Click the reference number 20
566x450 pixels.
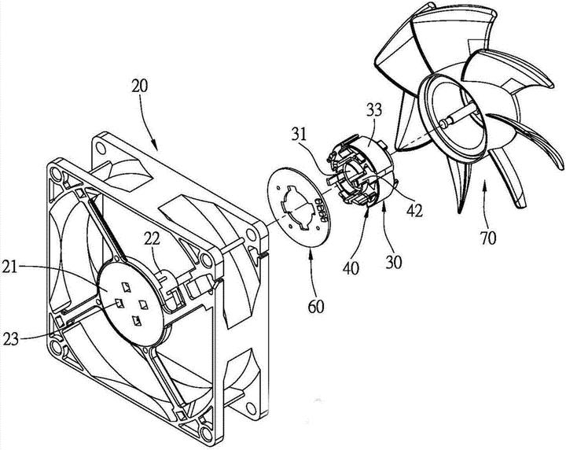(x=140, y=87)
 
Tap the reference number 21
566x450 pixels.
(x=10, y=267)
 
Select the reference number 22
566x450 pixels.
(x=153, y=238)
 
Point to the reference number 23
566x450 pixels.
(x=10, y=339)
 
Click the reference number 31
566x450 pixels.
(x=299, y=135)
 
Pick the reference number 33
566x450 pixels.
(x=374, y=110)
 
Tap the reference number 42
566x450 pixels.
(x=414, y=211)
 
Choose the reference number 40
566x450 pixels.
(x=351, y=268)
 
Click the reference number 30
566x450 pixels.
(x=394, y=263)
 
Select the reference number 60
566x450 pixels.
(x=316, y=306)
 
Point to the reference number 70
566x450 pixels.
(x=488, y=238)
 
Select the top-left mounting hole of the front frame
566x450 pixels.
(x=56, y=175)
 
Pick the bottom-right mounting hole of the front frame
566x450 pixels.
(x=206, y=433)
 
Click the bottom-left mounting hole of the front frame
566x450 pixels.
(x=56, y=347)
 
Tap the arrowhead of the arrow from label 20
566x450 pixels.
(x=155, y=147)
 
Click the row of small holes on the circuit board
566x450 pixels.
(x=322, y=209)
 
